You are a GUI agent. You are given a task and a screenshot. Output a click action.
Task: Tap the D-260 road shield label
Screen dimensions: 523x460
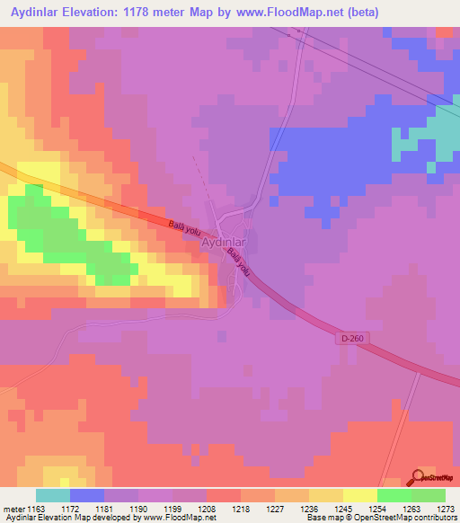(x=353, y=338)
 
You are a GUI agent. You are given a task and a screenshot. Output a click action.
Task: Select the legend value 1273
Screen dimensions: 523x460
(x=446, y=508)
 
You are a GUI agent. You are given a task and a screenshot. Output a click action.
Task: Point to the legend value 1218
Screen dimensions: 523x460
(x=242, y=508)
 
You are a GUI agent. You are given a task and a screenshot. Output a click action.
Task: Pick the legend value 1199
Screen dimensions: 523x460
(x=173, y=508)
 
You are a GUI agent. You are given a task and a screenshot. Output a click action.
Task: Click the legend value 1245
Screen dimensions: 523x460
(x=343, y=508)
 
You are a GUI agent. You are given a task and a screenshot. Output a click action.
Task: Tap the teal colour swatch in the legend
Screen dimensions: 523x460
(x=53, y=495)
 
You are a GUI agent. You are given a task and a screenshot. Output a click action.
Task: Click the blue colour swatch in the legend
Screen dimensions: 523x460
(x=87, y=495)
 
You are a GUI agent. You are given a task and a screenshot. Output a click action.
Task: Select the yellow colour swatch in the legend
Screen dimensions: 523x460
(x=360, y=495)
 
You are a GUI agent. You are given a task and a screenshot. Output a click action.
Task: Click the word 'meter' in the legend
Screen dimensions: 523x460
(x=13, y=508)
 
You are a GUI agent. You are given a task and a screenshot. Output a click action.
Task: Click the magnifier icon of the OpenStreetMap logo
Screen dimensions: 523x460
(x=419, y=476)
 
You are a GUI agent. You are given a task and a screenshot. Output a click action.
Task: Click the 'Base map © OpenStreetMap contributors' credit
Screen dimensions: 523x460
(x=380, y=519)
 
